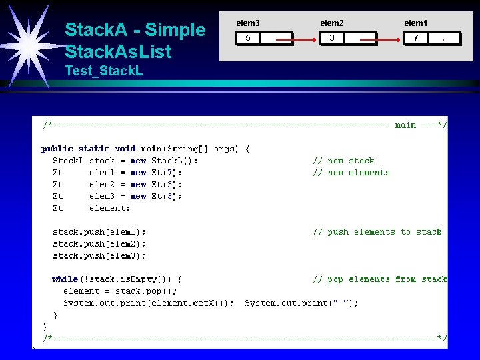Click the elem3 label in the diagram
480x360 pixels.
click(248, 23)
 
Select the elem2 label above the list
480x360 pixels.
click(332, 23)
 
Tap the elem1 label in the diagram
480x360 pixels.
click(416, 23)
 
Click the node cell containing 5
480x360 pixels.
click(248, 38)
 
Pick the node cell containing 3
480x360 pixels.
click(332, 38)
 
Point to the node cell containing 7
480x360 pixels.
click(416, 38)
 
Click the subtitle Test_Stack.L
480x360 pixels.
click(104, 71)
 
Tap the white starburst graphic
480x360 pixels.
click(30, 47)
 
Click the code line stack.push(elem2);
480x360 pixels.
click(99, 244)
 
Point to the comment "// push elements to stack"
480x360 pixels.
click(377, 232)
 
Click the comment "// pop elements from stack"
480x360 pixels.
click(380, 279)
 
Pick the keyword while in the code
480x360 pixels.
click(65, 279)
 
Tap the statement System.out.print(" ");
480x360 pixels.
click(301, 303)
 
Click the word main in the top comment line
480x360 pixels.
click(405, 125)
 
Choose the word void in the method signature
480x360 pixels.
click(125, 149)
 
